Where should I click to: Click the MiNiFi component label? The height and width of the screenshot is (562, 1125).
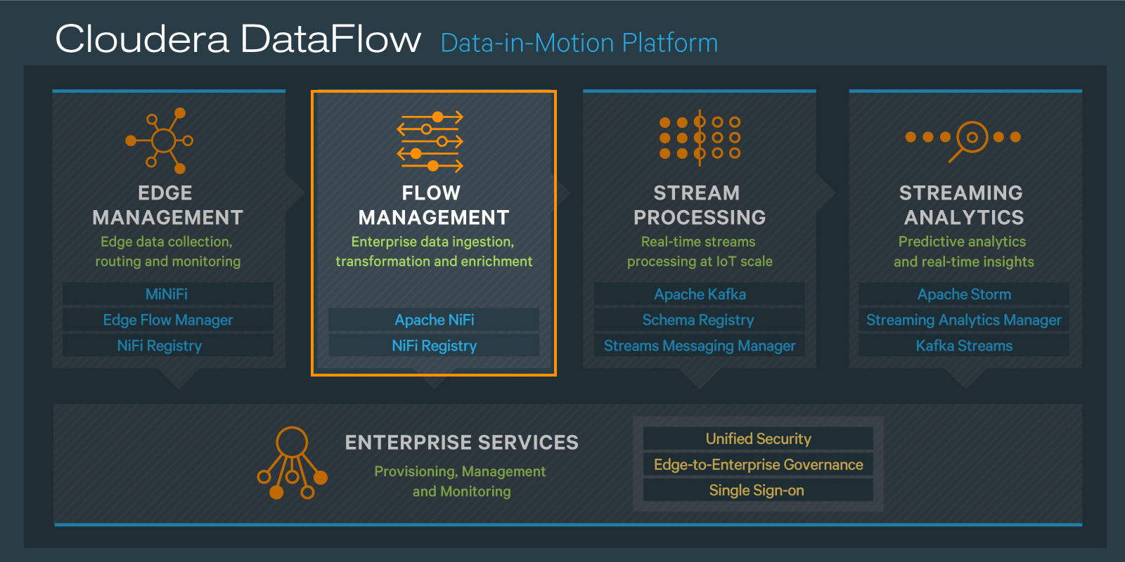coord(167,294)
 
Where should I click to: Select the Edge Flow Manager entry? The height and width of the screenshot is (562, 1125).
coord(167,320)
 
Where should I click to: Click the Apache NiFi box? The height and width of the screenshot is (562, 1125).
coord(434,320)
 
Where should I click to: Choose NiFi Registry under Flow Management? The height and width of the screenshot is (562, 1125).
coord(434,346)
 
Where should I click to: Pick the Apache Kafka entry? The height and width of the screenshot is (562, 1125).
coord(700,294)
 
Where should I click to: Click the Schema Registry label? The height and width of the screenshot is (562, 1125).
coord(698,320)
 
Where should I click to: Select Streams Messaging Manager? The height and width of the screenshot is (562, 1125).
coord(700,346)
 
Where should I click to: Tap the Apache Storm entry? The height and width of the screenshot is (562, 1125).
coord(964,294)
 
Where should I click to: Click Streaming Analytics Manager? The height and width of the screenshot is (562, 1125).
coord(964,320)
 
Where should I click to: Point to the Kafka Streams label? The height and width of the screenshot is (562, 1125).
coord(964,346)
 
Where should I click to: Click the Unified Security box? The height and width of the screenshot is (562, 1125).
coord(758,439)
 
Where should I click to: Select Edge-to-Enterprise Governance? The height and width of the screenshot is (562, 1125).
coord(758,464)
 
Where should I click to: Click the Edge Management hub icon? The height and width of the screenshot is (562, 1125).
coord(162,140)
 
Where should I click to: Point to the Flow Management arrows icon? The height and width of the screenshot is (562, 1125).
coord(430,141)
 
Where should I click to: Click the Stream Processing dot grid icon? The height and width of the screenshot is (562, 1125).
coord(700,137)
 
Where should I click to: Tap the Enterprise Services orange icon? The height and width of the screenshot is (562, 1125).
coord(292,464)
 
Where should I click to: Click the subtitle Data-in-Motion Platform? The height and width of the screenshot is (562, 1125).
coord(579,44)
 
